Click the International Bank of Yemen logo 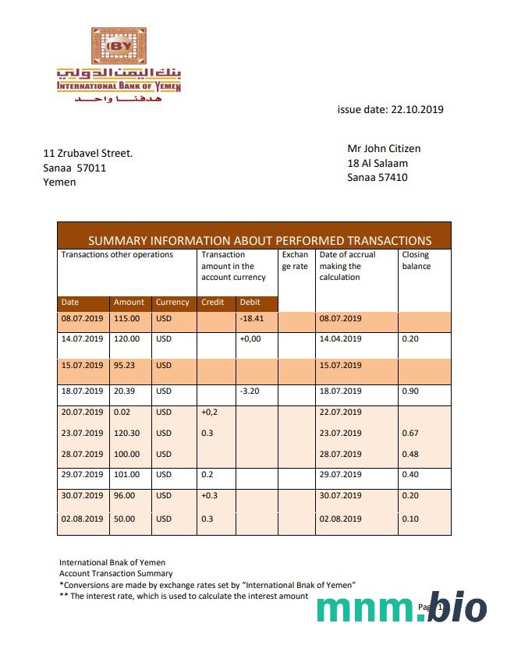click(119, 65)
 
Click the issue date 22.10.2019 click(390, 110)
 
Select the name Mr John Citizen click(395, 148)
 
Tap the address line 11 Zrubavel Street click(88, 153)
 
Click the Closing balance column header click(417, 260)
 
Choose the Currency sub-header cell click(172, 303)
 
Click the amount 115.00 click(126, 318)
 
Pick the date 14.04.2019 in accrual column click(340, 339)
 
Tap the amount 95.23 click(126, 365)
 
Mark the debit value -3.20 click(250, 391)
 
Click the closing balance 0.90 click(410, 391)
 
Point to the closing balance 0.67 click(410, 434)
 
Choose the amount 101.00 click(126, 475)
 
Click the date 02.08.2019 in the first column click(82, 519)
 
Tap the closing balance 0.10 click(410, 519)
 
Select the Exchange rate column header click(296, 260)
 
